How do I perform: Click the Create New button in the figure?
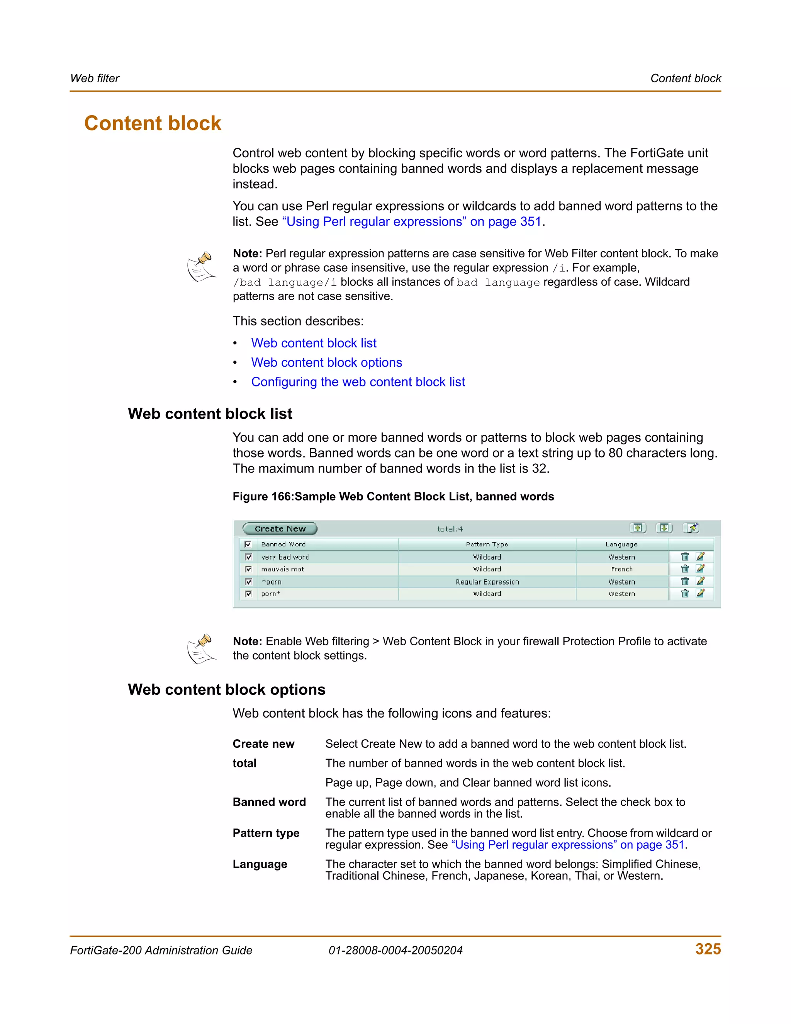tap(280, 528)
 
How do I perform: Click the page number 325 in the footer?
tap(708, 949)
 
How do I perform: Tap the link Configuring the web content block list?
tap(358, 382)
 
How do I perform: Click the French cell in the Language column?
tap(621, 569)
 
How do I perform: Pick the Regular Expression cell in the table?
tap(487, 582)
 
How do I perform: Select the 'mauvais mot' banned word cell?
tap(283, 569)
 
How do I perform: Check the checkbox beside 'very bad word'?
tap(248, 556)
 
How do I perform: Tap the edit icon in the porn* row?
tap(700, 594)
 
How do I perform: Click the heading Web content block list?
tap(210, 413)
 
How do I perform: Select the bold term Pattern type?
tap(266, 833)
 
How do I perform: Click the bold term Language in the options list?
tap(260, 864)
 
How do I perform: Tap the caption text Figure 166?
tap(262, 497)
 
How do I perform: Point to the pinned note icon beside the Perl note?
tap(202, 267)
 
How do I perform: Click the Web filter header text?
tap(95, 78)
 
